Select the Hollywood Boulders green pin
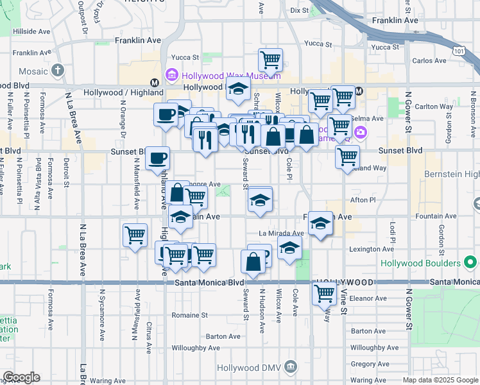click(471, 262)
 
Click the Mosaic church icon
click(58, 70)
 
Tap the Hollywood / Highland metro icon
click(154, 83)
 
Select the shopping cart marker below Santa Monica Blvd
click(324, 294)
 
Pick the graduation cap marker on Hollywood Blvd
click(238, 90)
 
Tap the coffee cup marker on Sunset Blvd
click(158, 158)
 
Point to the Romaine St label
click(191, 315)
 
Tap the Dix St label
click(299, 10)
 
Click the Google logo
click(21, 377)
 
